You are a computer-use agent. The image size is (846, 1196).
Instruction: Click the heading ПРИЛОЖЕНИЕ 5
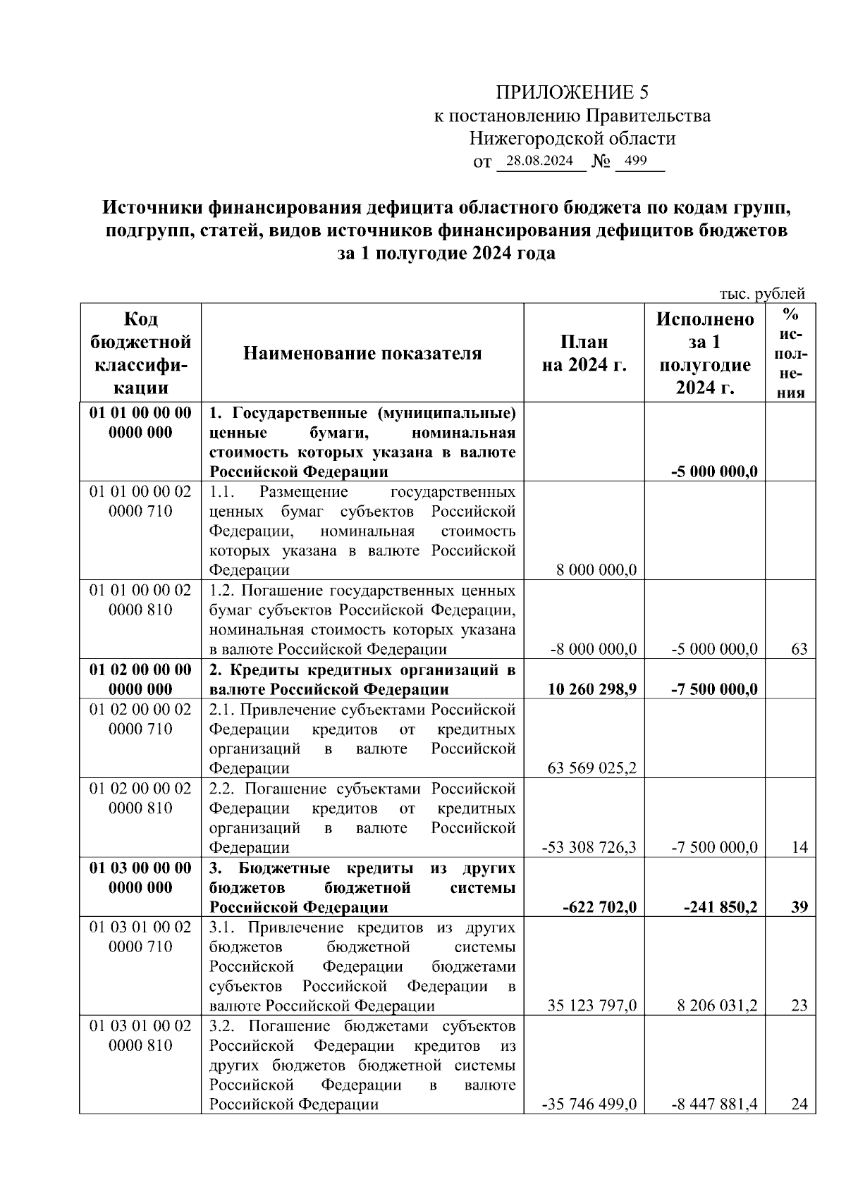pyautogui.click(x=571, y=92)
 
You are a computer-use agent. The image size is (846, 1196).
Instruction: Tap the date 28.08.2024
pyautogui.click(x=539, y=161)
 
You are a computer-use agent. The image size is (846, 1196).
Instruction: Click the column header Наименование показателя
pyautogui.click(x=362, y=353)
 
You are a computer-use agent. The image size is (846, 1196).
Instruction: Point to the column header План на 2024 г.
pyautogui.click(x=584, y=353)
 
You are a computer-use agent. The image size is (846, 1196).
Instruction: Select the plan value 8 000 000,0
pyautogui.click(x=596, y=569)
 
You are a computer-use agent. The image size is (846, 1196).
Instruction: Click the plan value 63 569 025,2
pyautogui.click(x=591, y=767)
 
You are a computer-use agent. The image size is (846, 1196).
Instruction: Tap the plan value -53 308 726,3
pyautogui.click(x=589, y=847)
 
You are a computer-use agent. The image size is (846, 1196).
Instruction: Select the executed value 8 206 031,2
pyautogui.click(x=717, y=1005)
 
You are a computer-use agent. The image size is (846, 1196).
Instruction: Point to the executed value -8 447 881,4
pyautogui.click(x=714, y=1104)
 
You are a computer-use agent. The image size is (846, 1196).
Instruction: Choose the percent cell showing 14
pyautogui.click(x=799, y=847)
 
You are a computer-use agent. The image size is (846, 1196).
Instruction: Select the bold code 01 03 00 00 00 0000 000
pyautogui.click(x=140, y=877)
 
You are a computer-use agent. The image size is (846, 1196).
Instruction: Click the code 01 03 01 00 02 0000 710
pyautogui.click(x=140, y=937)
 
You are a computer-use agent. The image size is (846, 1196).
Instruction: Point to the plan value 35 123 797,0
pyautogui.click(x=591, y=1005)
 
